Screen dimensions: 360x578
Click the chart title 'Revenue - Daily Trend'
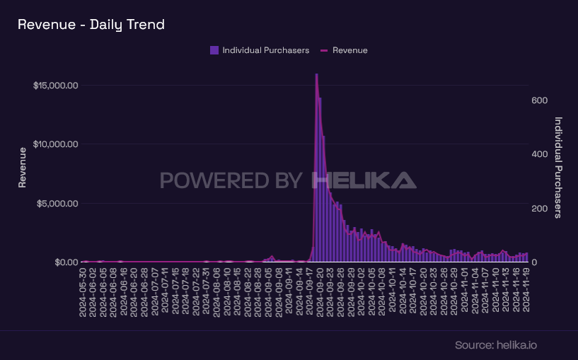pyautogui.click(x=91, y=25)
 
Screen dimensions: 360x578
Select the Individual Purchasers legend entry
pyautogui.click(x=260, y=50)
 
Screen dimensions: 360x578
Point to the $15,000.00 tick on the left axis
pyautogui.click(x=55, y=86)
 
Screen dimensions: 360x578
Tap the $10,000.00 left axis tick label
pyautogui.click(x=55, y=144)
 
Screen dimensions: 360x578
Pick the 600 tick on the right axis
pyautogui.click(x=539, y=100)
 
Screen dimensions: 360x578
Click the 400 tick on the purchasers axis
pyautogui.click(x=539, y=154)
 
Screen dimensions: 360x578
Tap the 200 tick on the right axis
pyautogui.click(x=539, y=209)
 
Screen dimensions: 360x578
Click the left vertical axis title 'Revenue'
pyautogui.click(x=23, y=167)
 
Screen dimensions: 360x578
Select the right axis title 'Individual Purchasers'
pyautogui.click(x=558, y=167)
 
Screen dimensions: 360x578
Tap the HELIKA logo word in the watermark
pyautogui.click(x=364, y=180)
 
